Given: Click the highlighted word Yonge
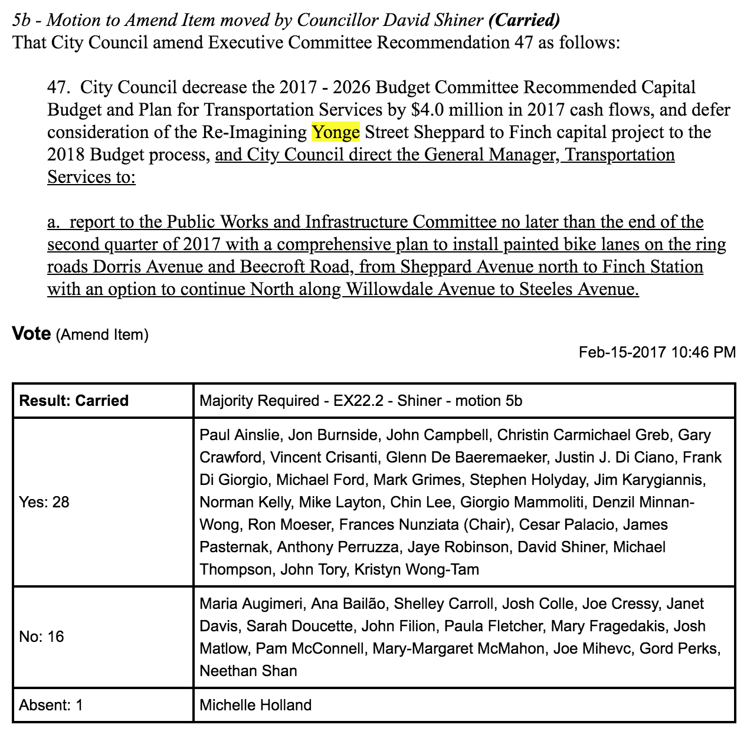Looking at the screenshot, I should pos(335,132).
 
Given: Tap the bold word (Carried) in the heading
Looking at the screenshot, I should pos(524,20).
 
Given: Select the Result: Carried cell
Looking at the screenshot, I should pos(74,401).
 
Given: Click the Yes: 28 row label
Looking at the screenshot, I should pos(44,502).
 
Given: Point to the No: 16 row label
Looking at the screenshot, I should pos(41,637).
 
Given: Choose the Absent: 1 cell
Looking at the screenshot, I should pos(51,705).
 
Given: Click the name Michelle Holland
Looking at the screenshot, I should pos(255,705).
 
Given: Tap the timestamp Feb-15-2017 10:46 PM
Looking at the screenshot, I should pos(657,352).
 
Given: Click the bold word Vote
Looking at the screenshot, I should pos(31,333).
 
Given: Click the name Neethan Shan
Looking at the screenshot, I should pos(248,671).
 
